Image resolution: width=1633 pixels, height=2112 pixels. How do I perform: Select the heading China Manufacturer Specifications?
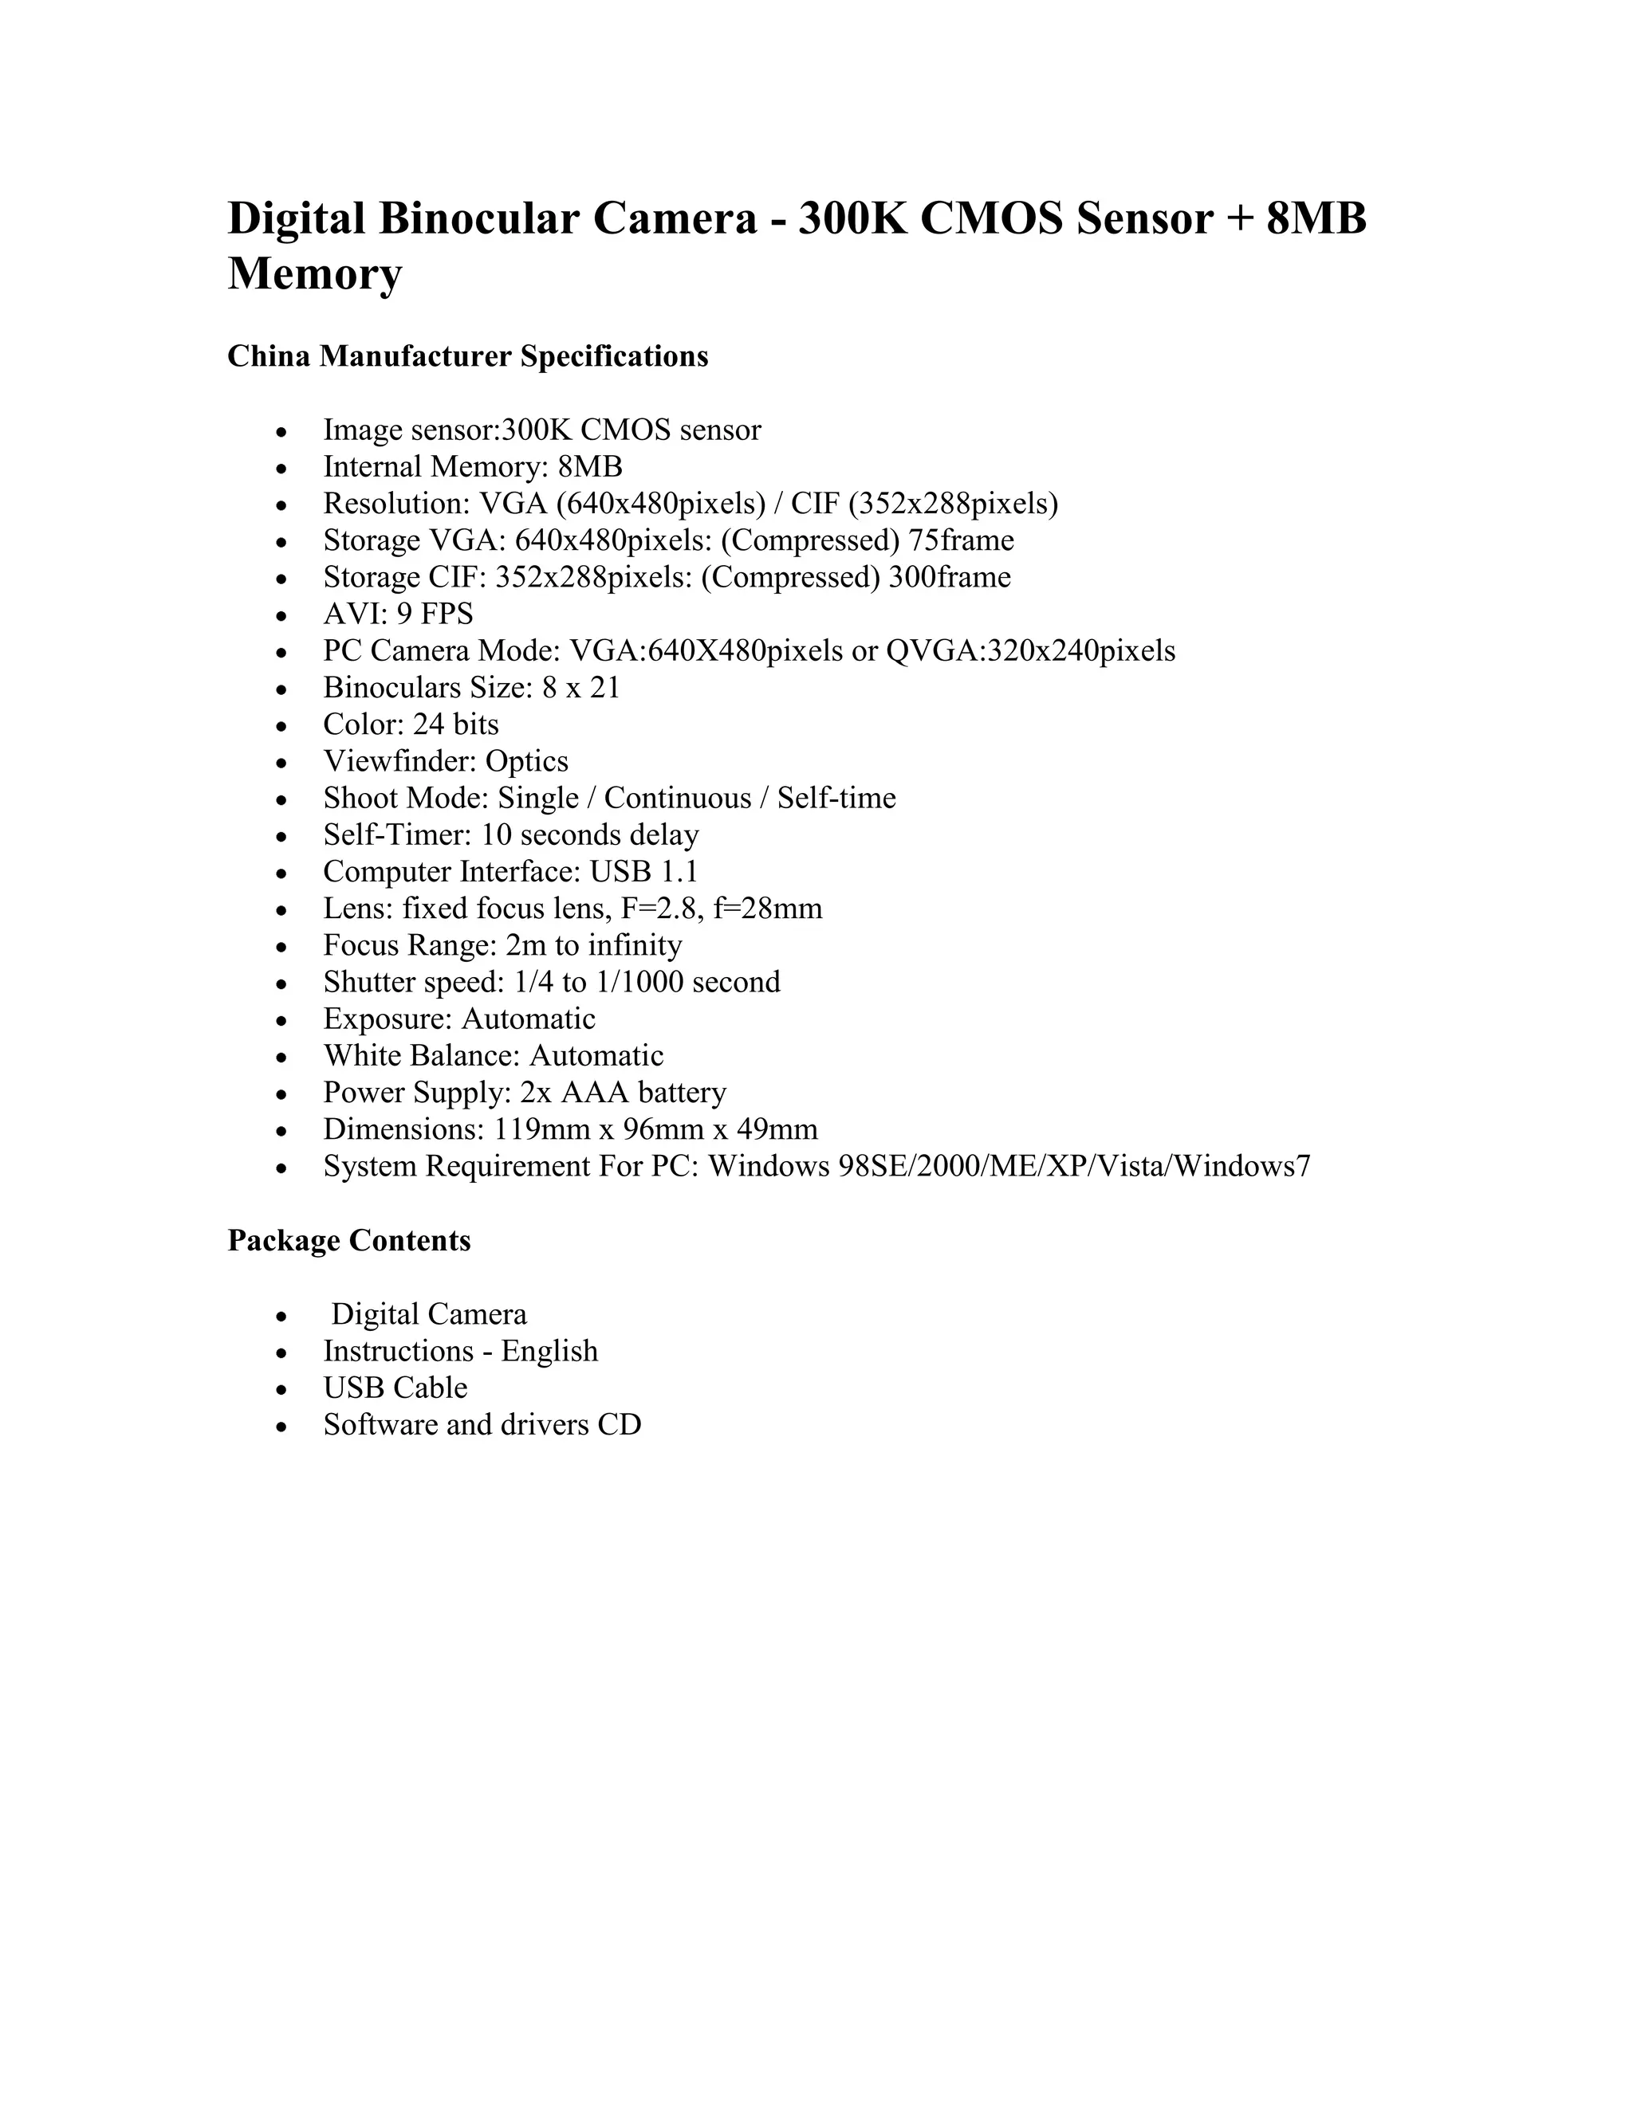(467, 357)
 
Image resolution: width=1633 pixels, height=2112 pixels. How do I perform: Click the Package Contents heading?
(348, 1241)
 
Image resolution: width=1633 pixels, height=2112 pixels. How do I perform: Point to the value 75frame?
(961, 540)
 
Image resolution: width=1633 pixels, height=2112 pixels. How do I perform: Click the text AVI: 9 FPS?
(398, 614)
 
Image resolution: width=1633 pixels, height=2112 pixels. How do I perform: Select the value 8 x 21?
(580, 688)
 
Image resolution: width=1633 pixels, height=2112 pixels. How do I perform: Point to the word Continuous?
(677, 799)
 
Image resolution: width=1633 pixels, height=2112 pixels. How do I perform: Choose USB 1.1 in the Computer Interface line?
(643, 872)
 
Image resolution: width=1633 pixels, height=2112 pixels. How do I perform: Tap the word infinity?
(635, 946)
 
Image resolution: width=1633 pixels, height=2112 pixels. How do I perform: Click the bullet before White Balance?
(281, 1058)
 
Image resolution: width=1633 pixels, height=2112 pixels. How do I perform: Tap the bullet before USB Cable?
(281, 1391)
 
